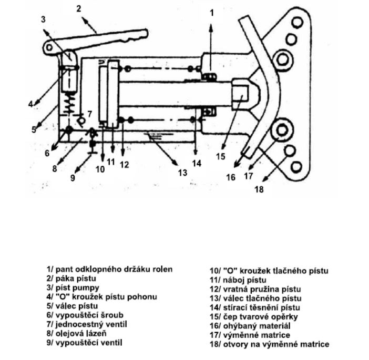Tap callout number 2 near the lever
(x=79, y=8)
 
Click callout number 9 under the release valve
(x=73, y=177)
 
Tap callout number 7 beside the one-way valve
(x=89, y=114)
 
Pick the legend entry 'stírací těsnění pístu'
(x=254, y=307)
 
